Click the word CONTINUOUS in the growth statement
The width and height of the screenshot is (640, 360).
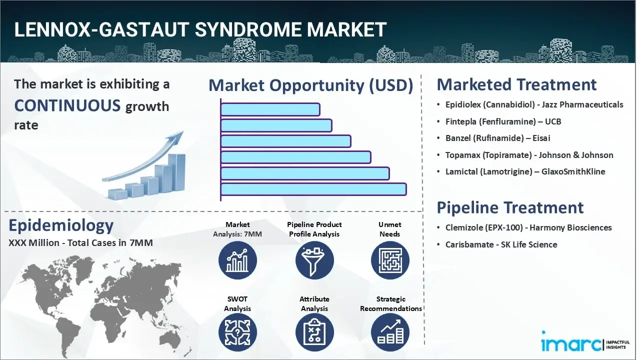pos(67,105)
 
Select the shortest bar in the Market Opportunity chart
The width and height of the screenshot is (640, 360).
pos(270,109)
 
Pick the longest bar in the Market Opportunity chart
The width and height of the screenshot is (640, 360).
pos(313,189)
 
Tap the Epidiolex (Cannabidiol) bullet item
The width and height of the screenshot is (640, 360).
pos(534,104)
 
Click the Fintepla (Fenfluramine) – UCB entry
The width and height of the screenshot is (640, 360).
pos(503,121)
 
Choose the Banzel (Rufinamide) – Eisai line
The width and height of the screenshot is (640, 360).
pos(497,138)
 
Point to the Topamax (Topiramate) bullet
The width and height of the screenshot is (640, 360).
pos(529,155)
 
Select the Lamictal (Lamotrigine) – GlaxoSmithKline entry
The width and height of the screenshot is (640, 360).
pos(525,171)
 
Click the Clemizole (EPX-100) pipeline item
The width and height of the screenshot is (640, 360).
pos(528,227)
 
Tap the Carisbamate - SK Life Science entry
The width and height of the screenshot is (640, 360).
pos(501,244)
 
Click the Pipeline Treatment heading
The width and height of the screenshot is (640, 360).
pos(510,207)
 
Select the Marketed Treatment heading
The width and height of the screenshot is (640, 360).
pos(516,84)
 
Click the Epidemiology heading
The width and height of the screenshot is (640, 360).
pos(61,225)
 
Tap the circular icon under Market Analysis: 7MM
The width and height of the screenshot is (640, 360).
pos(237,260)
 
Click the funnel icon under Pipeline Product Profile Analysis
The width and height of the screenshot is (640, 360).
pos(314,260)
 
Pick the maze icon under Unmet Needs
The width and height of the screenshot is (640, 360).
pos(390,260)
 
